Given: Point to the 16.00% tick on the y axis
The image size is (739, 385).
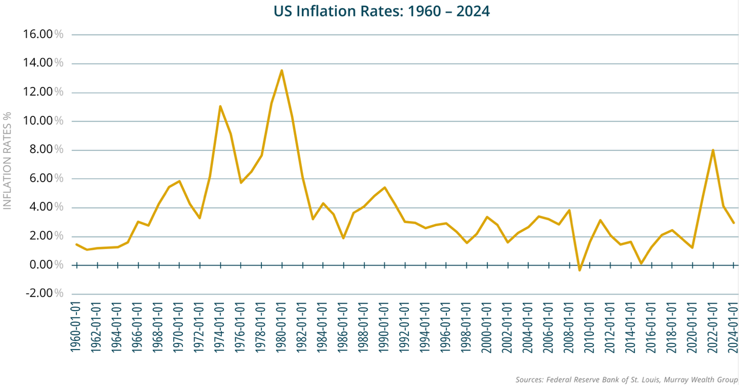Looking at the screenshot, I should point(44,34).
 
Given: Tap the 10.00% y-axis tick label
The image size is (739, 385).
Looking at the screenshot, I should point(44,121).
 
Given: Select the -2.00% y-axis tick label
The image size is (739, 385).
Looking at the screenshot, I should point(44,294).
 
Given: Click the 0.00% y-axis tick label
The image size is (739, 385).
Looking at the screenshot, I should point(44,265).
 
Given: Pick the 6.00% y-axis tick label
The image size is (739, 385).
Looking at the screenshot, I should point(44,178).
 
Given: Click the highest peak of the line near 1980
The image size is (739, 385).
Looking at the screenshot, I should point(282,70).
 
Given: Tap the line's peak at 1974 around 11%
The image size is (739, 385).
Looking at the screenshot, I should point(220,106).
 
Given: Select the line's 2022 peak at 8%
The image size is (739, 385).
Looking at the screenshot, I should point(713,150).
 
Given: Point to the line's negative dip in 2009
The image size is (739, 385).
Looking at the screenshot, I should point(580,270).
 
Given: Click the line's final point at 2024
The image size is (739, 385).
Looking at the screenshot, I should point(734,222).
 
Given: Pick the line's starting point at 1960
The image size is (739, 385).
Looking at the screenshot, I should point(76,244).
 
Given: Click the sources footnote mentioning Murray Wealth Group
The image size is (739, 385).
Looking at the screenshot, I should point(626,380).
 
